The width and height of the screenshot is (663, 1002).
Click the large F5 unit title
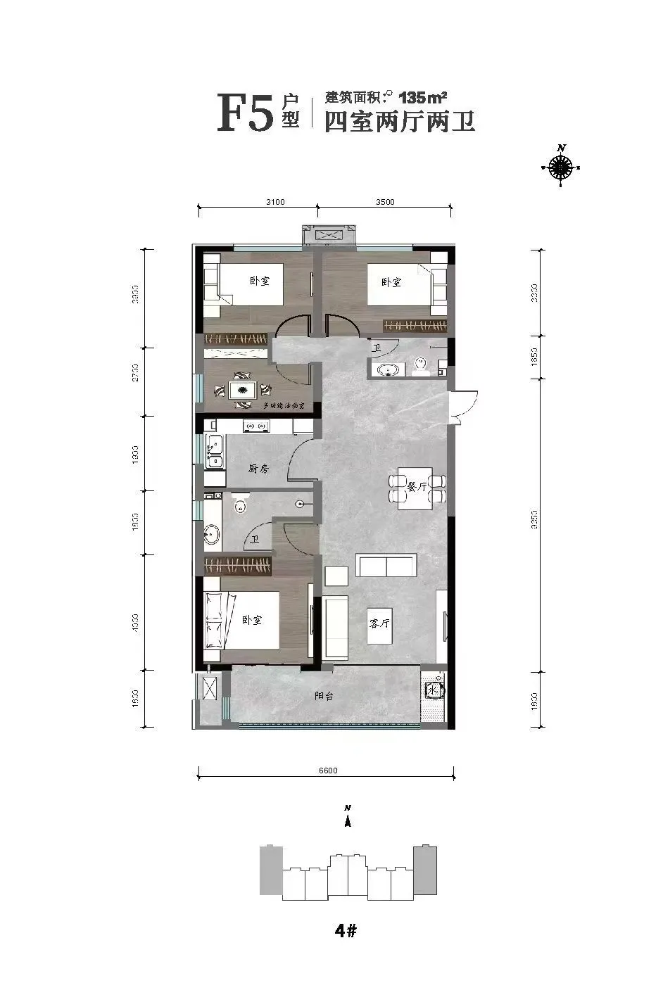244,113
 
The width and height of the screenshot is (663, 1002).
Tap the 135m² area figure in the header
424,96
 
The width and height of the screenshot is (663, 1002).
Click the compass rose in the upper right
561,167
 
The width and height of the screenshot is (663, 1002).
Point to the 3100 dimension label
275,202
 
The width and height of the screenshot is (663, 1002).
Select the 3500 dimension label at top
385,202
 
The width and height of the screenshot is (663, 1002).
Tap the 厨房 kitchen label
258,468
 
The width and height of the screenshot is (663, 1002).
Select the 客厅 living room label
379,623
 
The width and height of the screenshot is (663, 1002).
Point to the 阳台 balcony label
324,695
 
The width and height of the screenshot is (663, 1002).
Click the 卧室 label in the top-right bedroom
391,282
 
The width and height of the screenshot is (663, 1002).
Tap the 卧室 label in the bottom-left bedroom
251,620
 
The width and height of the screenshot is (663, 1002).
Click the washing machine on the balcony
433,690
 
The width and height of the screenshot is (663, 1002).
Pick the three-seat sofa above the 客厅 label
386,564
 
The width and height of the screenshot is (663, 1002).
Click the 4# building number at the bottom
346,931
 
